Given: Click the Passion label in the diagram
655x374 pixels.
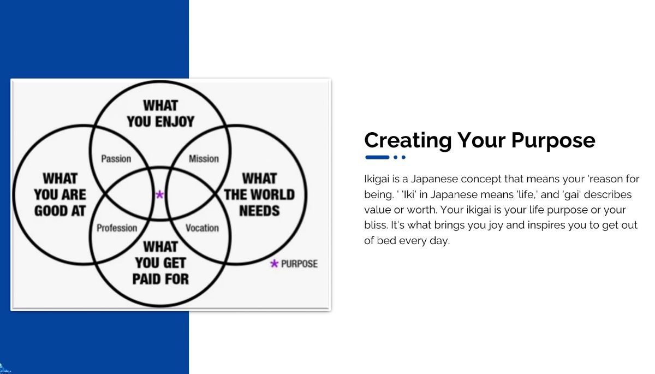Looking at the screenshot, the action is tap(116, 159).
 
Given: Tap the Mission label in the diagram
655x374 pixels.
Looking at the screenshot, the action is tap(204, 159).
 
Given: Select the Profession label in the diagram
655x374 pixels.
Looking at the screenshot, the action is tap(117, 228).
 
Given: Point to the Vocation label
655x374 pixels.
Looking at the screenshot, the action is tap(203, 228).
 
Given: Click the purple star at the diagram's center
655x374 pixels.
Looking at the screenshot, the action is tap(159, 194).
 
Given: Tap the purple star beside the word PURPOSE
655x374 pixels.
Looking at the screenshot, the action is tap(274, 264).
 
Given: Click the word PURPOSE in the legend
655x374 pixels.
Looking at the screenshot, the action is tap(300, 264).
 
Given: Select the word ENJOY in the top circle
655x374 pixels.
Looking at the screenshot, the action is tap(175, 122).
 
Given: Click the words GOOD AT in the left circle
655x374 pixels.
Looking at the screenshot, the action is tap(60, 211).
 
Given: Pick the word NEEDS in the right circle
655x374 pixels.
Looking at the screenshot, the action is tap(260, 211).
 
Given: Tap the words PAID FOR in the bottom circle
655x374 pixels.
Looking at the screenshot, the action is tap(160, 279).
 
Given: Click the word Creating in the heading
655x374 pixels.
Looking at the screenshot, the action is tap(408, 141).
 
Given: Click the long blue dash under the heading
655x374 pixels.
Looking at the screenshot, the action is tap(377, 157).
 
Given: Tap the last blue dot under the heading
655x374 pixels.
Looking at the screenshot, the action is tap(403, 157).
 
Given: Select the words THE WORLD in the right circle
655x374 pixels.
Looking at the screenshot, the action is tap(260, 195).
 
